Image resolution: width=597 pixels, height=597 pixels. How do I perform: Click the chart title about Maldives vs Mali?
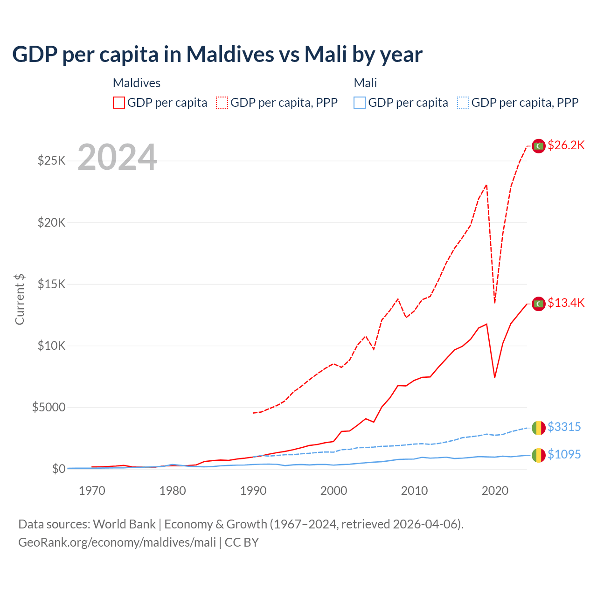click(217, 55)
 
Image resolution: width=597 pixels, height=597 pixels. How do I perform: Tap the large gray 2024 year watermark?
click(118, 157)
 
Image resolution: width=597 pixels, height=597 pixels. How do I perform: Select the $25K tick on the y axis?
click(52, 161)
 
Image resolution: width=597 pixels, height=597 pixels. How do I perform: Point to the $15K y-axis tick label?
click(52, 284)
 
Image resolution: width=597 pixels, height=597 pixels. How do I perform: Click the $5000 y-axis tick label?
click(49, 407)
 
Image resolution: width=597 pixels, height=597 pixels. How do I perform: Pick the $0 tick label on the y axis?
click(58, 469)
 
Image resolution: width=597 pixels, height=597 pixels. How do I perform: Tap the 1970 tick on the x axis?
click(92, 491)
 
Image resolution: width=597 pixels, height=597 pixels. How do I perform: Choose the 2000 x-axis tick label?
click(333, 491)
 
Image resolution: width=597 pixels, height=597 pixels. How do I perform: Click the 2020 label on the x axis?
click(495, 491)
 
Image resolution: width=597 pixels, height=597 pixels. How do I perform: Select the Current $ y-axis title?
click(20, 299)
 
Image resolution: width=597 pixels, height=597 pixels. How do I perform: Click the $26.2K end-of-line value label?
click(566, 145)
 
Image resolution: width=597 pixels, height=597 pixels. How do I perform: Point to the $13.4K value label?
click(566, 303)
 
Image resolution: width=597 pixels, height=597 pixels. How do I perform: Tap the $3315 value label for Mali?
click(564, 427)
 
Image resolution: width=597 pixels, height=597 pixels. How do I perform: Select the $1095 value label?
click(564, 454)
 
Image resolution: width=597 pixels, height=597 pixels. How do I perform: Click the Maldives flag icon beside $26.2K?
click(539, 146)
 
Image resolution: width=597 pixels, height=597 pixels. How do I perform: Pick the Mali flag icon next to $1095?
click(539, 455)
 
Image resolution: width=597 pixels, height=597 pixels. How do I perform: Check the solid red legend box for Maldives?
click(119, 103)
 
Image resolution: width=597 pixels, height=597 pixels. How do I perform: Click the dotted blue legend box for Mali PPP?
click(463, 103)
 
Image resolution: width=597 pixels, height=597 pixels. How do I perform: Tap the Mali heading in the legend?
click(365, 83)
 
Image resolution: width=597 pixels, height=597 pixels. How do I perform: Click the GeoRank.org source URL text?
click(117, 542)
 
